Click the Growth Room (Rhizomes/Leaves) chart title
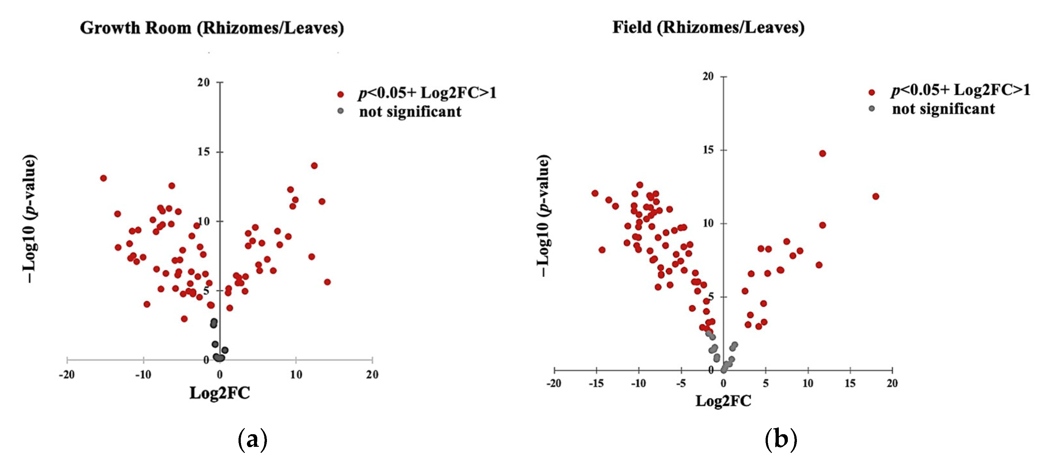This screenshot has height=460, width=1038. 212,28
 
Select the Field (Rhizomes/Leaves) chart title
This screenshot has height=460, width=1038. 708,27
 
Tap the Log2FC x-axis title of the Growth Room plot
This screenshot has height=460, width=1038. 219,393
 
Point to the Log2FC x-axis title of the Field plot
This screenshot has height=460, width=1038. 723,401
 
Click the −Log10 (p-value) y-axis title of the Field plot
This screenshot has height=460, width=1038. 544,216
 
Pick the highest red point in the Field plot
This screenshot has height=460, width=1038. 822,153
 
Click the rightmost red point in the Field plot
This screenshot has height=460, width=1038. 875,196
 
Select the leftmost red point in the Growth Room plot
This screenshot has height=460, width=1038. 104,178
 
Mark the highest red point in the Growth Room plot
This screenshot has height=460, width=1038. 314,165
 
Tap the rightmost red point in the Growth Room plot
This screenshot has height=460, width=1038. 327,282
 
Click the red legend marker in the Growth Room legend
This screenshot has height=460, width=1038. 341,94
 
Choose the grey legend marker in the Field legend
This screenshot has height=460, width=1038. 871,109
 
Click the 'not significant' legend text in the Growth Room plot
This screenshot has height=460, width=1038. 410,112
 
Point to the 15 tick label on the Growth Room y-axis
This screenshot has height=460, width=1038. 204,152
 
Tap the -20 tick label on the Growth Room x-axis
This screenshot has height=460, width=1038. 66,375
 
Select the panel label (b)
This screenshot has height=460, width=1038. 780,439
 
